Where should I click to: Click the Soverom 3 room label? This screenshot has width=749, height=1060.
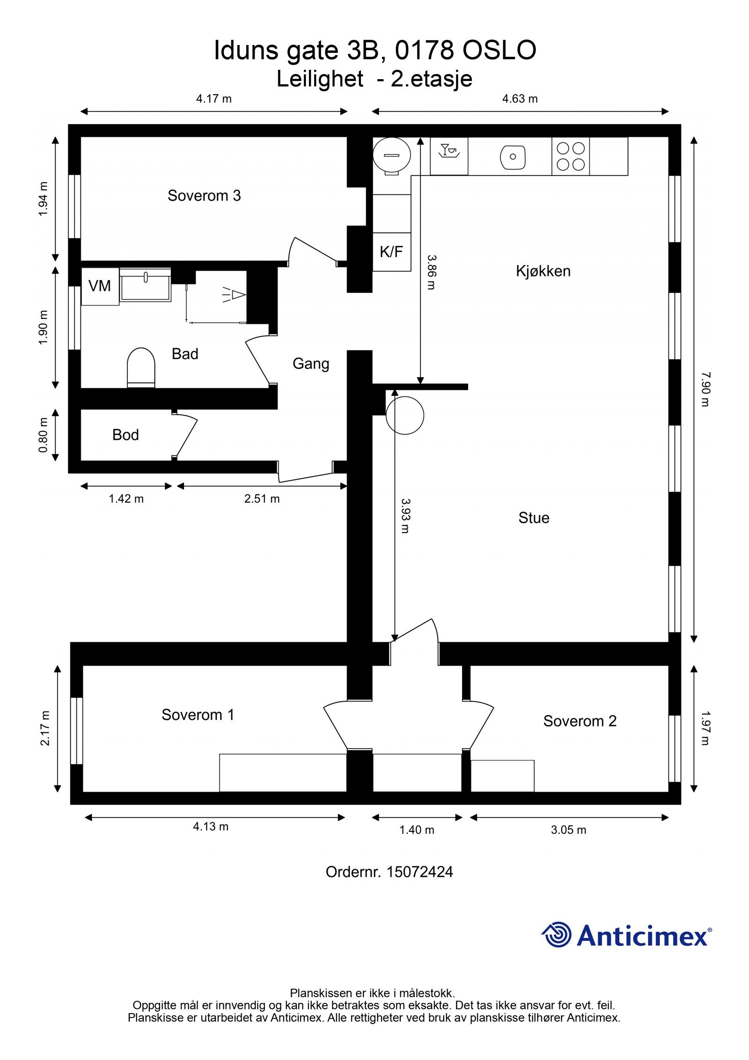coord(204,195)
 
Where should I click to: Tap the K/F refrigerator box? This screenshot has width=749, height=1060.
coord(391,252)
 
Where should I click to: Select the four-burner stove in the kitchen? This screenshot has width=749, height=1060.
coord(571,156)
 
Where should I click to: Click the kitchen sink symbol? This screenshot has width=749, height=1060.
coord(513,156)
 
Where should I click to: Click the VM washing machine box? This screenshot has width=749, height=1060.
coord(100,286)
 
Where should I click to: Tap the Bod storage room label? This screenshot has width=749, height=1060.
coord(125,435)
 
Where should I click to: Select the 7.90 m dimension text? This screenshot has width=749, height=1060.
coord(705,389)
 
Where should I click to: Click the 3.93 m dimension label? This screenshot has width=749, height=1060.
coord(405,515)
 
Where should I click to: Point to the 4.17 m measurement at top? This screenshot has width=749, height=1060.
coord(213,99)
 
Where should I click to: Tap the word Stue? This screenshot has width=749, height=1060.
coord(534,518)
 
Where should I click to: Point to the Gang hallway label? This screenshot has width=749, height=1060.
coord(311,363)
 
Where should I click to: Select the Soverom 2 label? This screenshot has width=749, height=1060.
coord(580,721)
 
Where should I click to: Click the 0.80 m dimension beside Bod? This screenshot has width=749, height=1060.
coord(44,435)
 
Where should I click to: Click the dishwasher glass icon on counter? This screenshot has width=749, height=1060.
coord(448,151)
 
